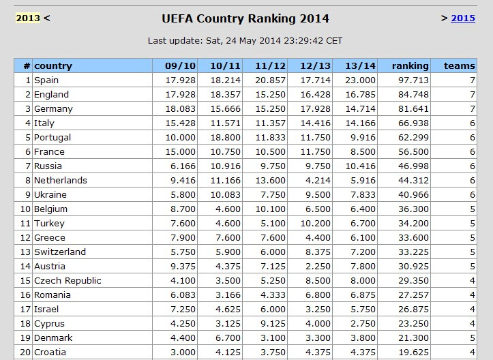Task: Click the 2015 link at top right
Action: (463, 18)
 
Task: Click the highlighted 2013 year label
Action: (28, 18)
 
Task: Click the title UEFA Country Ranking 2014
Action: (245, 18)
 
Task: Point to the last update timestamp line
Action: (245, 40)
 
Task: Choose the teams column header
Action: (460, 66)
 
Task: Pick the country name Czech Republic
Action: (68, 281)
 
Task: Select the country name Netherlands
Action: (61, 181)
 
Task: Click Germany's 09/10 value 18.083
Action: (179, 109)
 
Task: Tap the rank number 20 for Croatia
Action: (25, 352)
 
